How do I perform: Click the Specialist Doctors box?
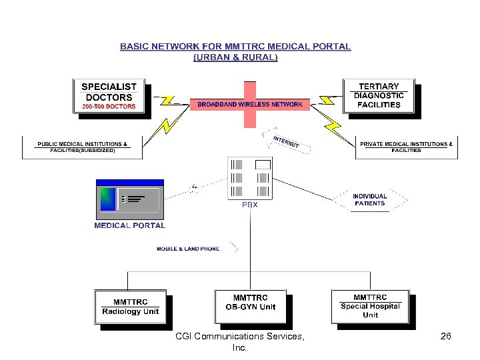(x=109, y=96)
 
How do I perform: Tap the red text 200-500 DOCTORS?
(x=109, y=106)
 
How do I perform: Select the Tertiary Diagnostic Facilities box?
(x=379, y=96)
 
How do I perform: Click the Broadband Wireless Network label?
(x=250, y=105)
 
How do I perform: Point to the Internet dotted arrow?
(x=286, y=141)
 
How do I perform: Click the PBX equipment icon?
(x=250, y=178)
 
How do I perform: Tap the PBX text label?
(x=250, y=205)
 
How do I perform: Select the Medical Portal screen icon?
(x=130, y=199)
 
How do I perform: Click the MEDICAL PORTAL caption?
(x=130, y=225)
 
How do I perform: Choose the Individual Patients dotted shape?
(x=370, y=200)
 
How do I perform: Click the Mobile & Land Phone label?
(x=188, y=249)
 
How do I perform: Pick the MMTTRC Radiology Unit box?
(x=131, y=307)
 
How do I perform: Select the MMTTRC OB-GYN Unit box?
(x=251, y=307)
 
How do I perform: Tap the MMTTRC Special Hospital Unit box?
(x=371, y=307)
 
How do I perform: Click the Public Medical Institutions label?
(x=83, y=147)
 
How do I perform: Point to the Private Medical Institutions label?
(x=406, y=147)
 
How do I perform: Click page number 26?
(x=446, y=336)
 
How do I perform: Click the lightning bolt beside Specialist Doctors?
(x=171, y=101)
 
